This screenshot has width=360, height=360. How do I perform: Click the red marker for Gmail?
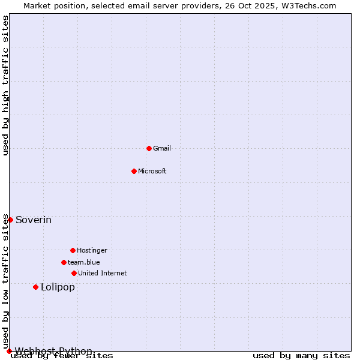coord(149,148)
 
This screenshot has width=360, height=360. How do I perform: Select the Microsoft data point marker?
coord(134,171)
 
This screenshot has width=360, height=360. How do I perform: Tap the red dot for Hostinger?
coord(73,250)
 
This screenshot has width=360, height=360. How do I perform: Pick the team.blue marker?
coord(64,262)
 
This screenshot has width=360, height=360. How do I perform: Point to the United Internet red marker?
coord(74,273)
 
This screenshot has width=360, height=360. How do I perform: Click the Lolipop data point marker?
coord(35,287)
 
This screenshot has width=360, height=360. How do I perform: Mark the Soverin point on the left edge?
coord(10,220)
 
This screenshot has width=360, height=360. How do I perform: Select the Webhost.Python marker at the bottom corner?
coord(9,351)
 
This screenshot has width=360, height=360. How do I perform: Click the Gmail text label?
coord(162,148)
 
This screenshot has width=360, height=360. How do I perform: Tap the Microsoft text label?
coord(152,171)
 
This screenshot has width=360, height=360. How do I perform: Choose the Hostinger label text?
coord(92,250)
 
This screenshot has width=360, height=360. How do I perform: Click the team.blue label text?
coord(84,262)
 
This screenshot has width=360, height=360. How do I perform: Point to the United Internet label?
coord(103,273)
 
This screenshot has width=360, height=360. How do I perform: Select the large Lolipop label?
coord(58,287)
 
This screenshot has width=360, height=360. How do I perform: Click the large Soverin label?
coord(34,220)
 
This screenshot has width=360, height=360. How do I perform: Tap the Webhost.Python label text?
coord(53,351)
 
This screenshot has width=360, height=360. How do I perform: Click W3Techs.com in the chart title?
coord(310,5)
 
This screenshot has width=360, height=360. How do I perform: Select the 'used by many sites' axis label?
coord(301,356)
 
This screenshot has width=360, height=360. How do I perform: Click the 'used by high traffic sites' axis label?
coord(5,85)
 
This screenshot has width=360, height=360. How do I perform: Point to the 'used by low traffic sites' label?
coord(5,281)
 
